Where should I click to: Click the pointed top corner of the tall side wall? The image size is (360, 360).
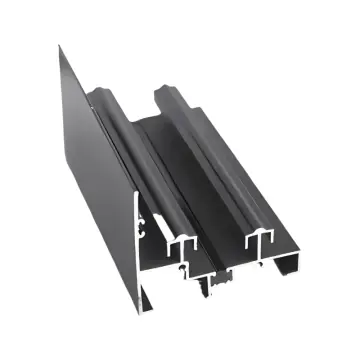(59, 45)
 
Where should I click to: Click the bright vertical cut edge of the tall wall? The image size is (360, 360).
(139, 250)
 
